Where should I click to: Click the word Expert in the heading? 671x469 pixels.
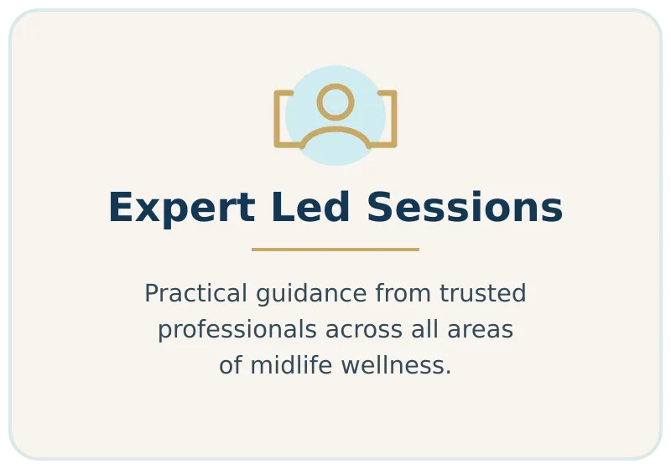182,208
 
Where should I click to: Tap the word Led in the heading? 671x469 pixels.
310,207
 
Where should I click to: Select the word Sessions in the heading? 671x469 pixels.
465,207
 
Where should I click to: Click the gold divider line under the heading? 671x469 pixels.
335,250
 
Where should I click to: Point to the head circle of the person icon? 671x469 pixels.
335,85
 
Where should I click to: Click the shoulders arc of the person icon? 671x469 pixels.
335,129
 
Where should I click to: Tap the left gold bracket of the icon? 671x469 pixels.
277,119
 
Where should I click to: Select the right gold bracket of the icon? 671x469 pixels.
394,119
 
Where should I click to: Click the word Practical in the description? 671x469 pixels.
196,293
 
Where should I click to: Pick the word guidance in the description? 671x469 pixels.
311,294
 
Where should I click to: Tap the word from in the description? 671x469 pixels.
403,293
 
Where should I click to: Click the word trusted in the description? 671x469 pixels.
483,293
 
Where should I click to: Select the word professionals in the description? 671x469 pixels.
237,330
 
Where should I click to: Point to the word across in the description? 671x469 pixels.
364,330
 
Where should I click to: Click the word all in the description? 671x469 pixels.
425,329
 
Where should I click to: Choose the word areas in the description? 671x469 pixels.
480,330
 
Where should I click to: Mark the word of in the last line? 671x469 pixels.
230,366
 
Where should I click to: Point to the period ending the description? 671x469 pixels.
448,374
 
